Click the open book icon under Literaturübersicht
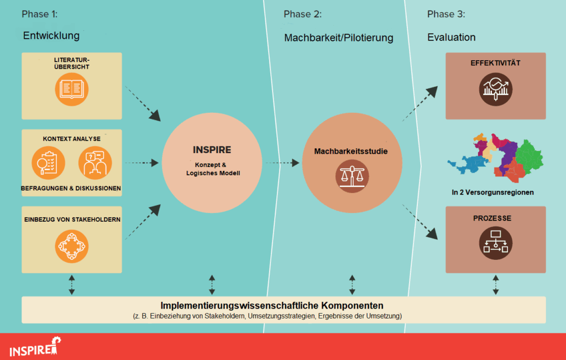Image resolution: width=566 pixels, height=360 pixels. click(72, 89)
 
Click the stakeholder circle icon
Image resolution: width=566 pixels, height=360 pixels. click(72, 246)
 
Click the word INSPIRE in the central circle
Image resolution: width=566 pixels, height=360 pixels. click(212, 150)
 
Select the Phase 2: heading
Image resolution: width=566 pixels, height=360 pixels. click(302, 14)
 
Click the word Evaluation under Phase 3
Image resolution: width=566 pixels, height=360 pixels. click(451, 38)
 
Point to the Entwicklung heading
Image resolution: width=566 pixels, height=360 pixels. click(51, 36)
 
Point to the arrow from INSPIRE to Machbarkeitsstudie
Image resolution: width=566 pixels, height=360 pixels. click(281, 163)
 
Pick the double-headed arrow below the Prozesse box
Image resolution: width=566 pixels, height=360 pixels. click(495, 284)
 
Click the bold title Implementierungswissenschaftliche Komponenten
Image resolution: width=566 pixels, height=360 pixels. click(272, 306)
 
